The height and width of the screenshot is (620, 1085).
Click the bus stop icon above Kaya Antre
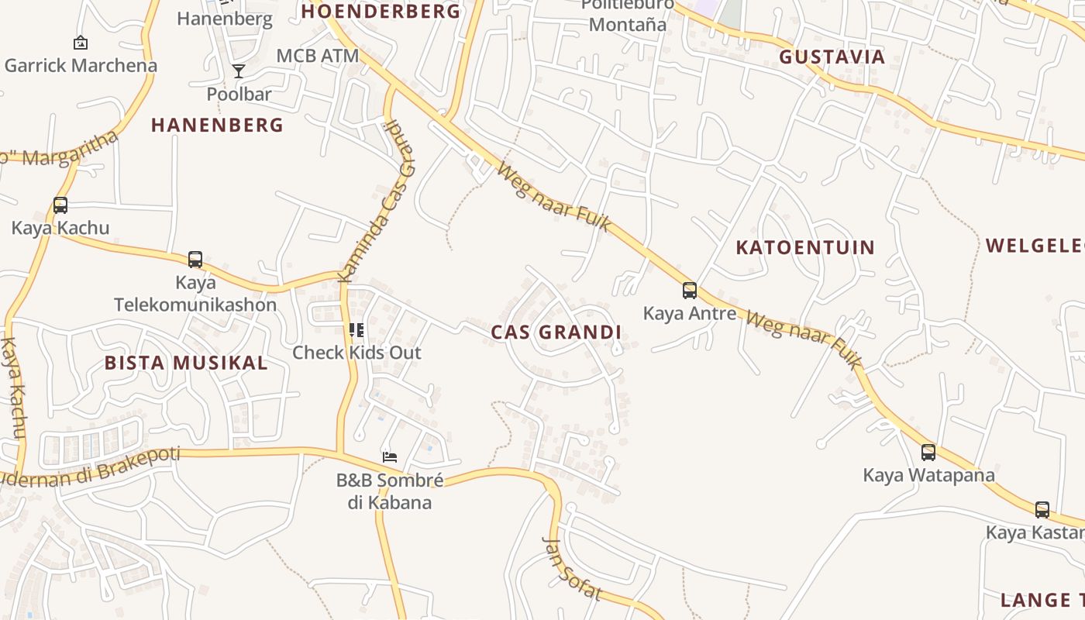click(x=689, y=291)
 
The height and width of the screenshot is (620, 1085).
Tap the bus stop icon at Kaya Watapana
click(x=928, y=452)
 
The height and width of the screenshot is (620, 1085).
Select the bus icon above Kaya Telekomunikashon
click(x=195, y=260)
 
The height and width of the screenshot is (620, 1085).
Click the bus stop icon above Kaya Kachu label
click(x=60, y=205)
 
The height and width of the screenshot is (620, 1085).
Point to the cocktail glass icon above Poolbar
click(x=239, y=71)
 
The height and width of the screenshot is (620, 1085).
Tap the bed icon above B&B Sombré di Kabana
click(x=390, y=456)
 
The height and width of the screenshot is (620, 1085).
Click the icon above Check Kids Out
click(x=356, y=330)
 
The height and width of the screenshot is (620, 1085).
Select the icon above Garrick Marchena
click(x=80, y=43)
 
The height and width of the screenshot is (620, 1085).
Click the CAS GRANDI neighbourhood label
click(x=556, y=332)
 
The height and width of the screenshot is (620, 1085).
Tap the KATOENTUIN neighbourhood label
click(x=804, y=248)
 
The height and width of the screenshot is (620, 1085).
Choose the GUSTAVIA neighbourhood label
click(x=832, y=57)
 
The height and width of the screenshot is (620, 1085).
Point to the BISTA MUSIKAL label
click(x=186, y=363)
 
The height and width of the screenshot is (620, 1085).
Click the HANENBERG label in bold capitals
click(x=217, y=125)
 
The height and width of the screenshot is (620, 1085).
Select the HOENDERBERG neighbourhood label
click(x=381, y=12)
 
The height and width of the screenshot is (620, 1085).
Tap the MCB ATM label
click(x=318, y=56)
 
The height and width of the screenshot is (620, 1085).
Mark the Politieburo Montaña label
click(x=627, y=17)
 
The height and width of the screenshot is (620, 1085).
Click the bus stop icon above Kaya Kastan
click(x=1042, y=510)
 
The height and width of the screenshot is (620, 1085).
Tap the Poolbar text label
click(x=239, y=95)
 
